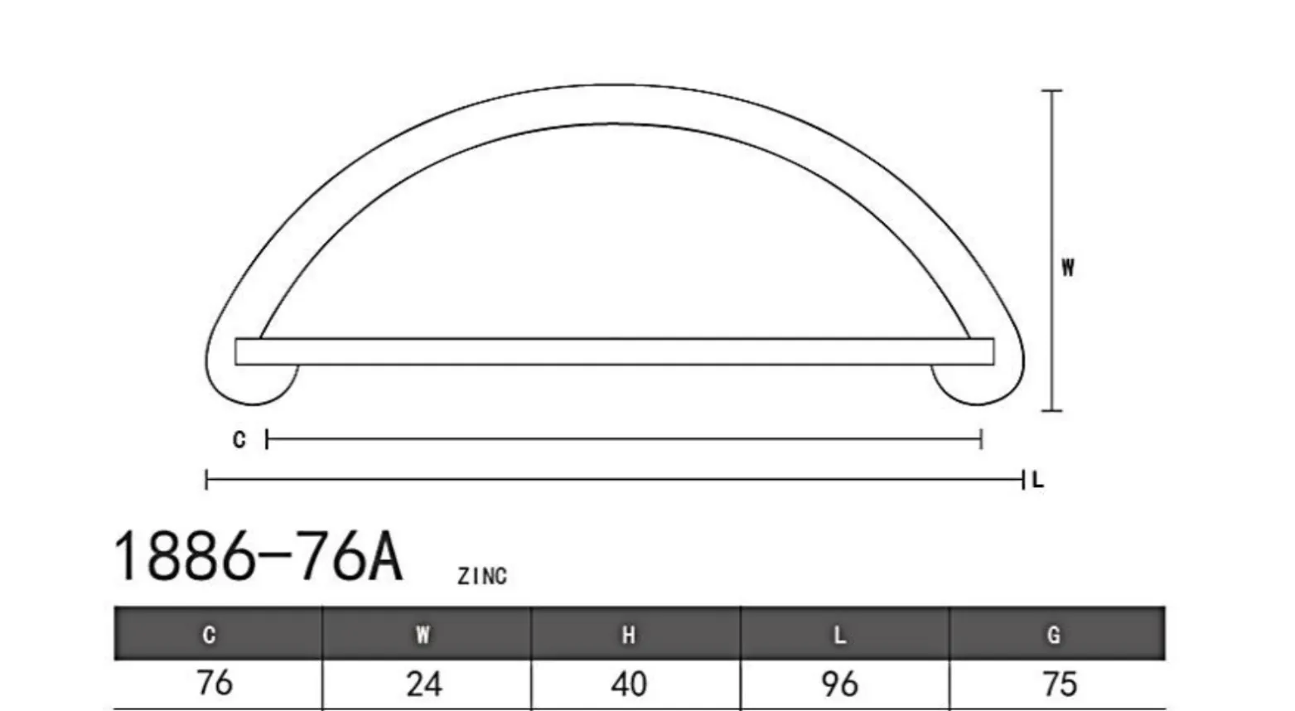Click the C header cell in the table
click(x=218, y=634)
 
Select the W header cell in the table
click(x=427, y=634)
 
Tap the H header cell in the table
click(x=635, y=634)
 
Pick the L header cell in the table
click(x=844, y=634)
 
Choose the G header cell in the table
click(x=1057, y=634)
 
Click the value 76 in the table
click(x=215, y=683)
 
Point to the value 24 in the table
click(x=424, y=684)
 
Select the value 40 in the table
click(x=629, y=684)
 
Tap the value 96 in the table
click(x=839, y=684)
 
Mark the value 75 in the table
click(x=1060, y=684)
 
